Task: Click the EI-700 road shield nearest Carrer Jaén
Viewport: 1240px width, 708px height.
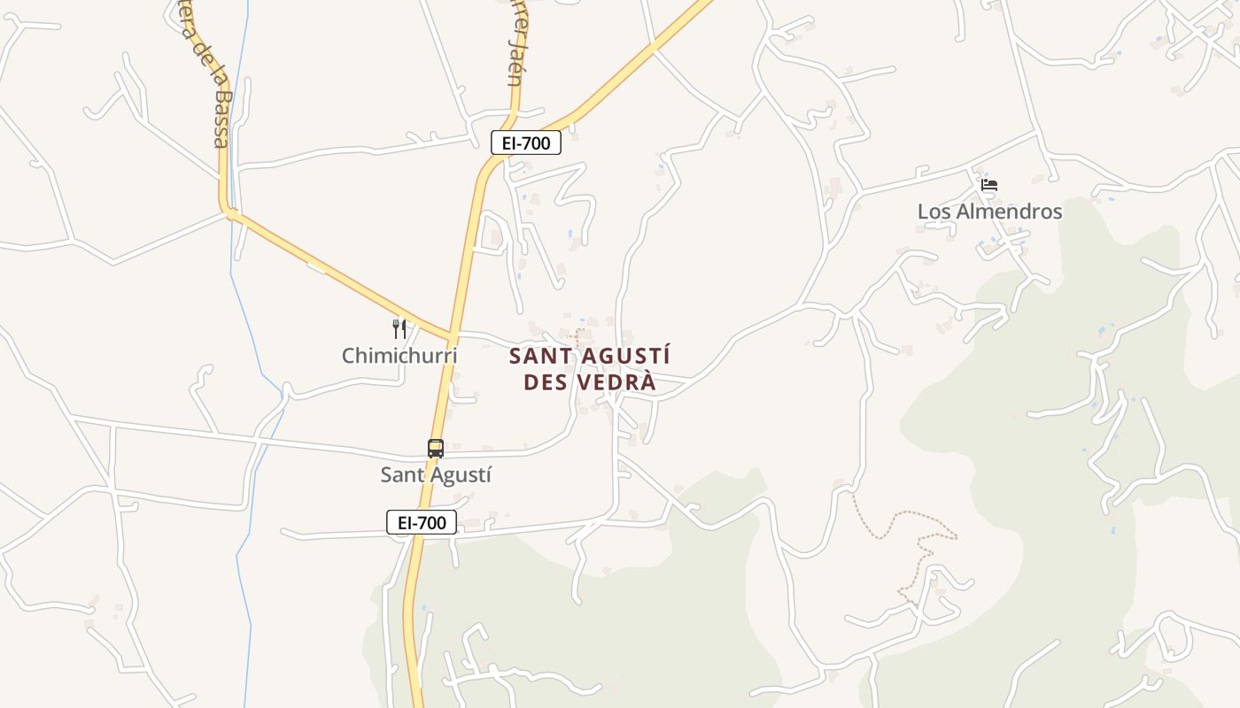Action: point(526,142)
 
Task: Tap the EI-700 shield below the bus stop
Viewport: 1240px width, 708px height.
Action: point(422,522)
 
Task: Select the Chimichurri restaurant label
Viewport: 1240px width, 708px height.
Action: point(399,356)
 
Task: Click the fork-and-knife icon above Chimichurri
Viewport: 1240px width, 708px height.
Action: point(399,329)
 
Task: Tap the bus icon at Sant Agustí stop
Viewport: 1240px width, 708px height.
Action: point(436,449)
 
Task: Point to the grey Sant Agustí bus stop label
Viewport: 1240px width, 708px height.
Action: point(436,475)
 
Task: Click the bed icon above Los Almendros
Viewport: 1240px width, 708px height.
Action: point(989,185)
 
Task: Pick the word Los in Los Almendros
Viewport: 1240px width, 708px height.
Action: point(933,212)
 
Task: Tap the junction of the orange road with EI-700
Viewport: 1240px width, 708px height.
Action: point(452,337)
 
